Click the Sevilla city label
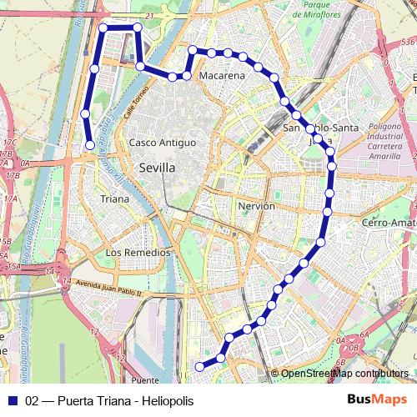[x=157, y=168]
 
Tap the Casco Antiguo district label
[x=162, y=143]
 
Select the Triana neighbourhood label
[x=114, y=199]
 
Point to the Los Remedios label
[x=138, y=252]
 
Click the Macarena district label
[x=223, y=76]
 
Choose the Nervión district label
[x=256, y=205]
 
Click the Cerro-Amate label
[x=389, y=224]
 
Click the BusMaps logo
[x=377, y=399]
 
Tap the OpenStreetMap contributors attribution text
[x=344, y=374]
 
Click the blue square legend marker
[x=11, y=399]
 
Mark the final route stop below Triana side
[x=90, y=145]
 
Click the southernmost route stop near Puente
[x=199, y=366]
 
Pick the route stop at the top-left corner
[x=103, y=28]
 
